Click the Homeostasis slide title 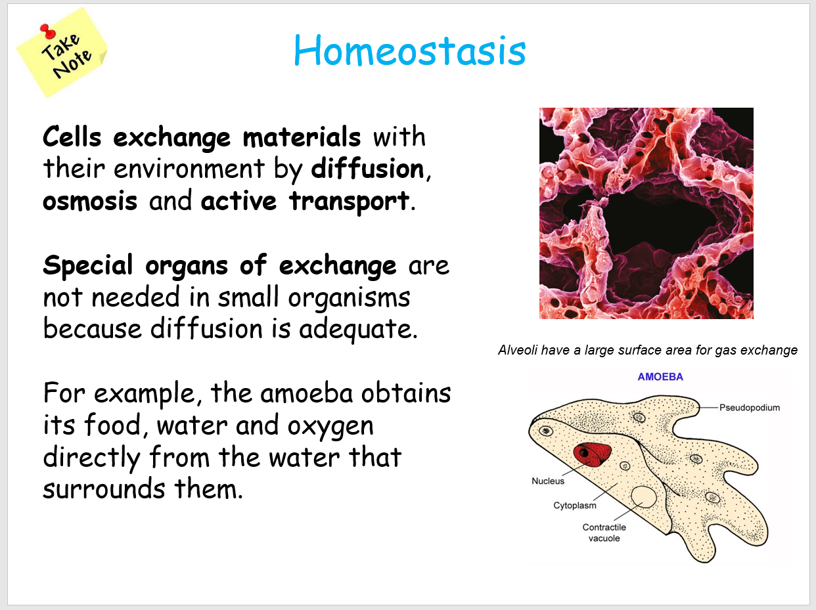tap(409, 51)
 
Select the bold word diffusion tap(367, 169)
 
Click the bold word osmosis tap(90, 202)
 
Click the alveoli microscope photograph tap(646, 213)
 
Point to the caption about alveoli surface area tap(647, 350)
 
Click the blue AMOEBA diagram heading tap(660, 377)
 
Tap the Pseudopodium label tap(749, 408)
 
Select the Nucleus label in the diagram tap(548, 481)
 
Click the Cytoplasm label tap(574, 506)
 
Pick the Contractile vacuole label tap(604, 533)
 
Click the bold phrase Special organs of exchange tap(219, 266)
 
